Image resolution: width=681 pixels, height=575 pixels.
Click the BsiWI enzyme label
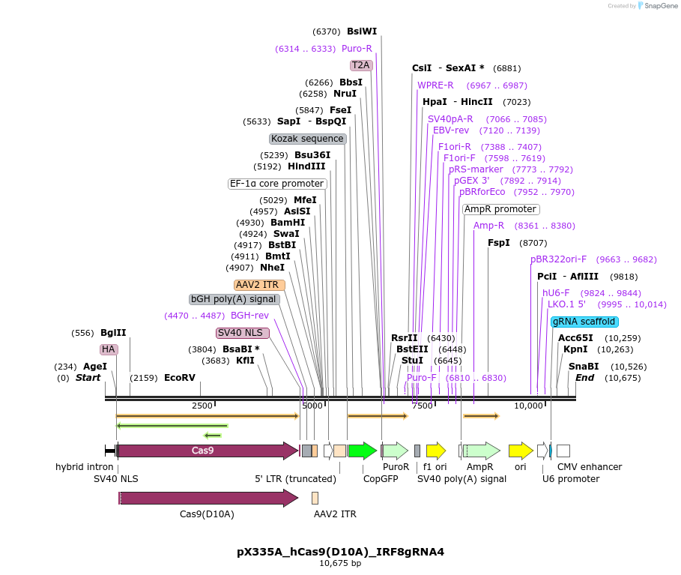pyautogui.click(x=361, y=31)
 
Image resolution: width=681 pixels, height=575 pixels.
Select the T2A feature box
pyautogui.click(x=361, y=65)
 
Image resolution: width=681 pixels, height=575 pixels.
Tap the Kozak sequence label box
pyautogui.click(x=307, y=139)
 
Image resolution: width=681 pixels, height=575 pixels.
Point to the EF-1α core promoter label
pyautogui.click(x=277, y=184)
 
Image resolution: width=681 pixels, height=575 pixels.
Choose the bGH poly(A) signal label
pyautogui.click(x=234, y=299)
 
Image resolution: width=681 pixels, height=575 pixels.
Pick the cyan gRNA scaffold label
pyautogui.click(x=584, y=322)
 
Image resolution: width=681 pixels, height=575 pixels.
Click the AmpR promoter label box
pyautogui.click(x=500, y=209)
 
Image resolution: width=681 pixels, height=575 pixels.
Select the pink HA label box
pyautogui.click(x=109, y=349)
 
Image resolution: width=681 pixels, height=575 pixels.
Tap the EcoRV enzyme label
pyautogui.click(x=180, y=378)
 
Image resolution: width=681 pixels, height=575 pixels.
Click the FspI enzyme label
pyautogui.click(x=498, y=243)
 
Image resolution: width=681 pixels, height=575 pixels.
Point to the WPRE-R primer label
pyautogui.click(x=435, y=85)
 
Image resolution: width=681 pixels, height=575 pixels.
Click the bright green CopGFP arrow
pyautogui.click(x=362, y=451)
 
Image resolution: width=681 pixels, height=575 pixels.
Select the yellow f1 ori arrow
pyautogui.click(x=435, y=451)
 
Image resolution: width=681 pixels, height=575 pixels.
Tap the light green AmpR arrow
pyautogui.click(x=481, y=451)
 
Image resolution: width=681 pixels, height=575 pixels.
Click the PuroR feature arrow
pyautogui.click(x=395, y=451)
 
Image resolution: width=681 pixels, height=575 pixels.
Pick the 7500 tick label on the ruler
pyautogui.click(x=423, y=406)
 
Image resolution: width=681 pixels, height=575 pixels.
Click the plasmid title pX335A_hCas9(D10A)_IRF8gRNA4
pyautogui.click(x=340, y=552)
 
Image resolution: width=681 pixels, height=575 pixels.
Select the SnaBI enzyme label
pyautogui.click(x=584, y=367)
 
